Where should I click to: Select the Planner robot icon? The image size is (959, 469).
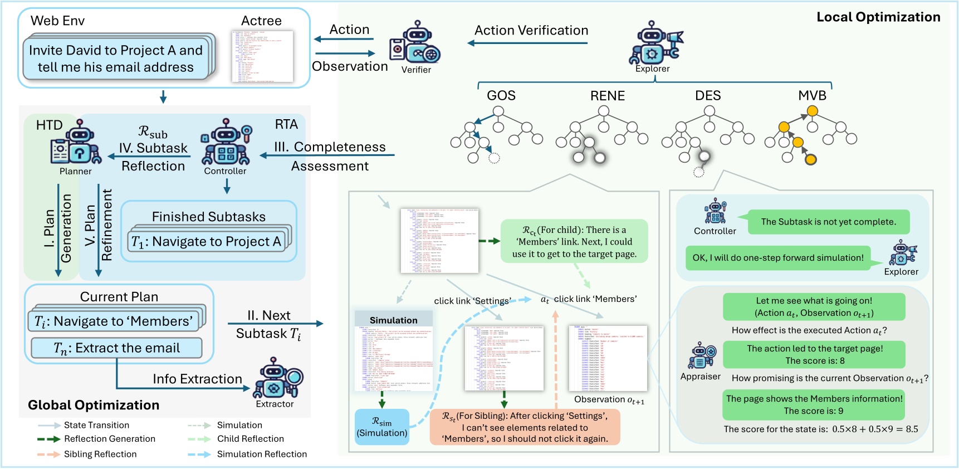77,144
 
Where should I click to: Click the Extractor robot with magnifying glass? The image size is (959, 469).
276,379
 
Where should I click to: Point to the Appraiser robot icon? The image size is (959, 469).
701,356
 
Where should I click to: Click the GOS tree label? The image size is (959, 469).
501,95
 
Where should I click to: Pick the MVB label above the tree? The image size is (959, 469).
812,95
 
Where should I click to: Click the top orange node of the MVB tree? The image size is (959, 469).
812,111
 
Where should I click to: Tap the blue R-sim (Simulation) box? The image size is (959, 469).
382,427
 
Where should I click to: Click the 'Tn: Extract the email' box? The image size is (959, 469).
116,348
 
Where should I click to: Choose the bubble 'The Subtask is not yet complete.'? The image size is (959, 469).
828,222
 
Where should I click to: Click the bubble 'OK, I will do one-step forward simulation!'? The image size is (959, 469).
777,258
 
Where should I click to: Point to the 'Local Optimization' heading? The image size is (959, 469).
878,17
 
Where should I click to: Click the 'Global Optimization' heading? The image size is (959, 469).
94,405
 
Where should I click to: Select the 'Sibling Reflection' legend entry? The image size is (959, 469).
100,454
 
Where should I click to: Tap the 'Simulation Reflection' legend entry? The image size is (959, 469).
262,454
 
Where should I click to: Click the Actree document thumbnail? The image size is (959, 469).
262,56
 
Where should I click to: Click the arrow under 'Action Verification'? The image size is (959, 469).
527,43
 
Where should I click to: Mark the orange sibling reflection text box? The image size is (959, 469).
525,427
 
